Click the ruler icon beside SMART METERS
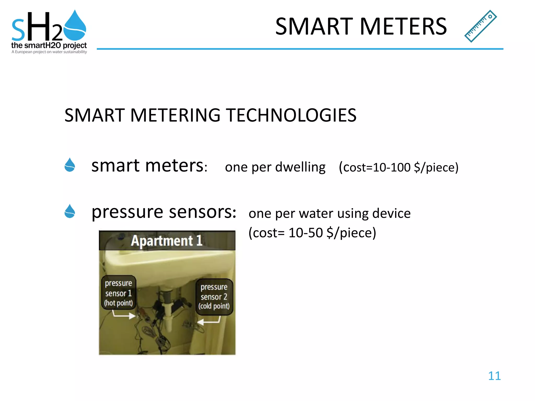click(480, 26)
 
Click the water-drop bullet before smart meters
click(70, 165)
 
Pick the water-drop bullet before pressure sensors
click(70, 211)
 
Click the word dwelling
click(300, 167)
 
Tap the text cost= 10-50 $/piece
click(312, 233)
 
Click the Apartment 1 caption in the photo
click(167, 241)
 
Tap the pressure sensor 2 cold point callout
click(214, 297)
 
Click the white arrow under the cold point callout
click(209, 321)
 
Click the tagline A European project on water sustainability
click(49, 52)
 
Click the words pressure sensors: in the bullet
click(164, 212)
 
